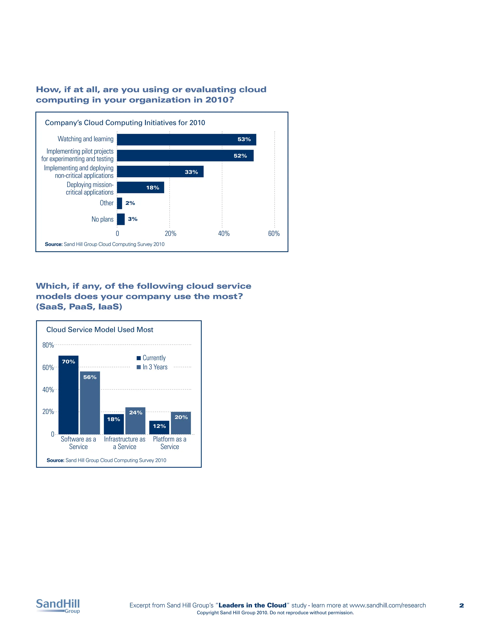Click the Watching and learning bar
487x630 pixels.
tap(186, 140)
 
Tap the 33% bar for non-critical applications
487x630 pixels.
tap(160, 172)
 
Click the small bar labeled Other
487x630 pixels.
tap(119, 203)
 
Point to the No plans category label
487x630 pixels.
tap(102, 219)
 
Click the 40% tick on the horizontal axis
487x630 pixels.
tap(224, 234)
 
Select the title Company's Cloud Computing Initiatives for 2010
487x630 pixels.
tap(125, 123)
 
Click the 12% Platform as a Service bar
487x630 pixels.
tap(159, 428)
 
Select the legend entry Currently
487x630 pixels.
tap(151, 358)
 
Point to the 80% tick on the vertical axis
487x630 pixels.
tap(48, 345)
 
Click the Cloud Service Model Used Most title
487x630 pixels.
tap(100, 330)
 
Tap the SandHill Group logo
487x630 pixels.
tap(58, 606)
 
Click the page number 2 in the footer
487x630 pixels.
tap(461, 606)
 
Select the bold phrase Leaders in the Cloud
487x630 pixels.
tap(253, 605)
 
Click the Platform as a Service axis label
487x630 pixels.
tap(170, 443)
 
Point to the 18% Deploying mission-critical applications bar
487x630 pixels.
tap(141, 188)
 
